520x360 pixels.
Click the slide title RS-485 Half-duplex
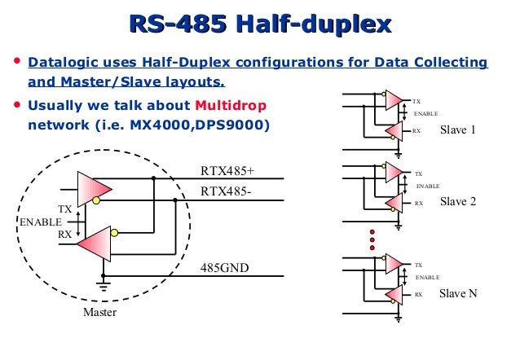(x=259, y=24)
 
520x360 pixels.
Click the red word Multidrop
(x=231, y=106)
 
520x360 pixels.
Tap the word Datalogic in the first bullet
(x=60, y=63)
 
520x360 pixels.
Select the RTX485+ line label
(x=227, y=171)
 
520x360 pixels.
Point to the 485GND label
(x=224, y=267)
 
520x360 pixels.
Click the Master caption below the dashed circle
(x=99, y=312)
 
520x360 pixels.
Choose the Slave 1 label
(x=457, y=130)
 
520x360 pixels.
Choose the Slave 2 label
(x=457, y=201)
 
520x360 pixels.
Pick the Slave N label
(x=458, y=293)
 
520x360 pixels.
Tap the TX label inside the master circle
(x=64, y=209)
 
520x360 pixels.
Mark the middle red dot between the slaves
(x=372, y=242)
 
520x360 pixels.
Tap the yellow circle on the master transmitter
(x=96, y=200)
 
